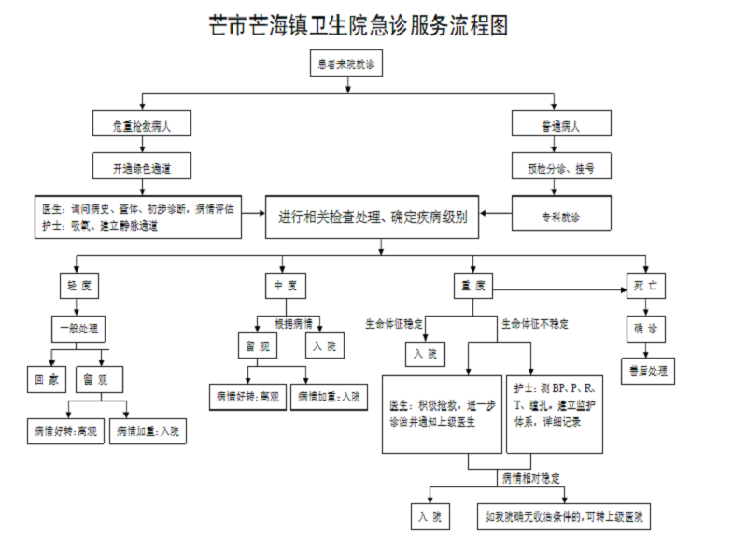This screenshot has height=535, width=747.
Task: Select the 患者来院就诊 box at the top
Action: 347,64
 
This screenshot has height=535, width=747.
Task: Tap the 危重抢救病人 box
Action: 143,125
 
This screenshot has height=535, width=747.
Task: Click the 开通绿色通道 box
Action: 143,168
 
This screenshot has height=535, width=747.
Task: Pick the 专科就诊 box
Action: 561,217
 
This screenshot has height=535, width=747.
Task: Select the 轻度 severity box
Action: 78,285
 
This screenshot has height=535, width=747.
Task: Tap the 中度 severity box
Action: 286,286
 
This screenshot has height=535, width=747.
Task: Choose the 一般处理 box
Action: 78,329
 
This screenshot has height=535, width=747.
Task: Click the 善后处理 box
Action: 647,371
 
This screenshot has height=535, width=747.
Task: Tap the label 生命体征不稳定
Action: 535,324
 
